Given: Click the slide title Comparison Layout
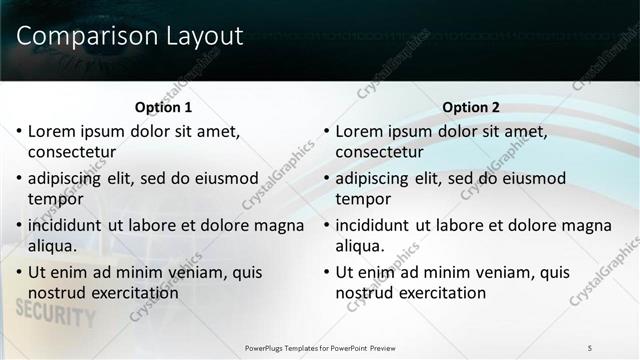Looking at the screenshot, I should click(130, 37).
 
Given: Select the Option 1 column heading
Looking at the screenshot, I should click(163, 107).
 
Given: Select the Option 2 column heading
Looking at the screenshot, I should click(471, 107).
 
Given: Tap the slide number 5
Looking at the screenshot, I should click(590, 347).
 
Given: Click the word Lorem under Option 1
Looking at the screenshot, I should click(52, 131).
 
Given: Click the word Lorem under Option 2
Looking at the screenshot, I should click(360, 131).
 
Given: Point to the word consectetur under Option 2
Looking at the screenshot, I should click(379, 152).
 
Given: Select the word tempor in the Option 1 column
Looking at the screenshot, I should click(55, 199).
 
